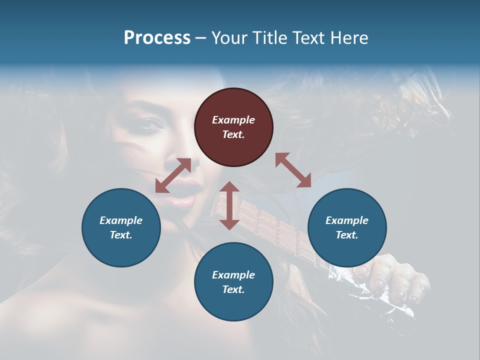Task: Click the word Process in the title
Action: (157, 38)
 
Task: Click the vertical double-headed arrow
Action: (229, 205)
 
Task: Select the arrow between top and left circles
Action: (173, 175)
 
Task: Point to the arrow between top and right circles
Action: (293, 170)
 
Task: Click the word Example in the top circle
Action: (233, 120)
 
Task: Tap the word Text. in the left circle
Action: (121, 235)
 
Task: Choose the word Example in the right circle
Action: (347, 220)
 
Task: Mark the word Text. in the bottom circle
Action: (233, 289)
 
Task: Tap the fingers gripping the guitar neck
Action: (395, 280)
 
